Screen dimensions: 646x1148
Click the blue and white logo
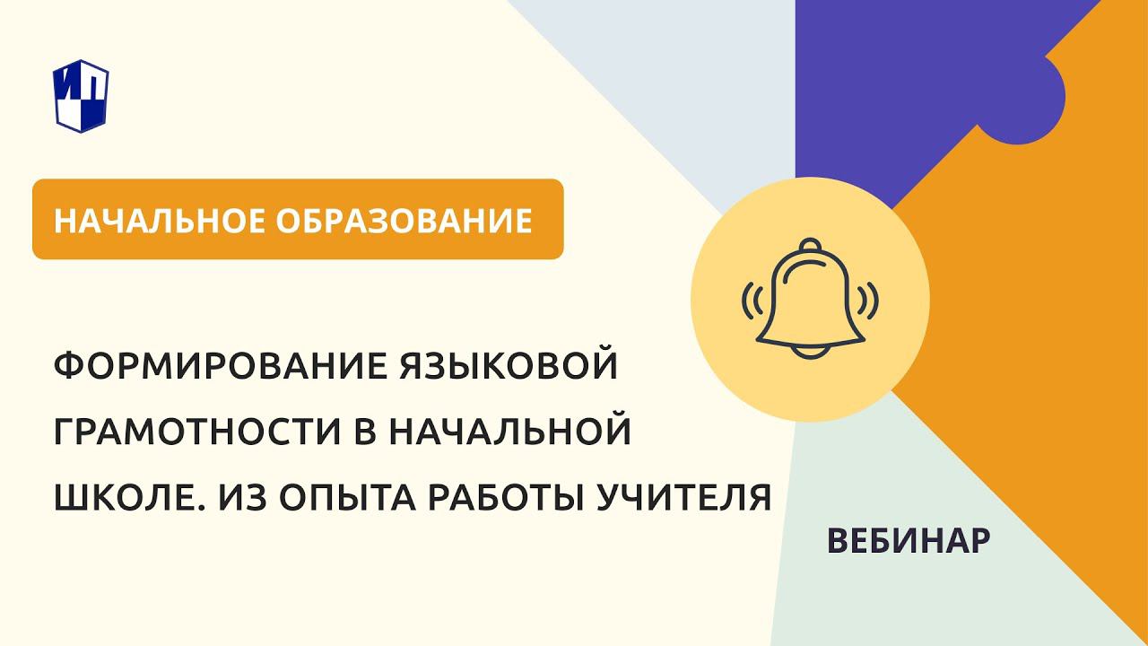83,94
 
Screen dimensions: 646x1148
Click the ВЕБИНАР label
909,540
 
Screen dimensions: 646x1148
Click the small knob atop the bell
810,244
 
